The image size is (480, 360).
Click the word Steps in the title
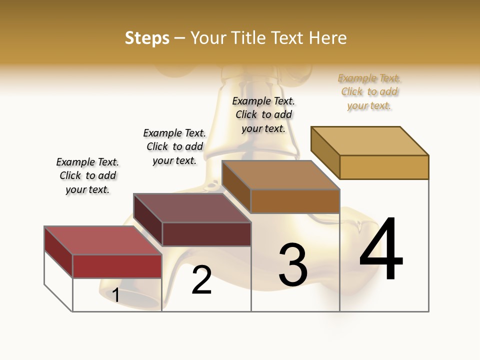coord(147,38)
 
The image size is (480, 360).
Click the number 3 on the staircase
coord(293,265)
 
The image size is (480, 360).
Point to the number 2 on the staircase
coord(202,280)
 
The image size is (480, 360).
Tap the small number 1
coord(116,295)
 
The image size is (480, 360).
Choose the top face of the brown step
coord(280,175)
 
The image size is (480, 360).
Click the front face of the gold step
coord(384,167)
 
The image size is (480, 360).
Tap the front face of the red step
coord(117,266)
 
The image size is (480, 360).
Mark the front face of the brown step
coord(295,201)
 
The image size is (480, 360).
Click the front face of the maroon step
coord(206,234)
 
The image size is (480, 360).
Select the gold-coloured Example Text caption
coord(369,92)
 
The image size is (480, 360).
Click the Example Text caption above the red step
coord(88,175)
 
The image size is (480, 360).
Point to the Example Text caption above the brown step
coord(263,114)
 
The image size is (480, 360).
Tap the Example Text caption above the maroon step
coord(174,146)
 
